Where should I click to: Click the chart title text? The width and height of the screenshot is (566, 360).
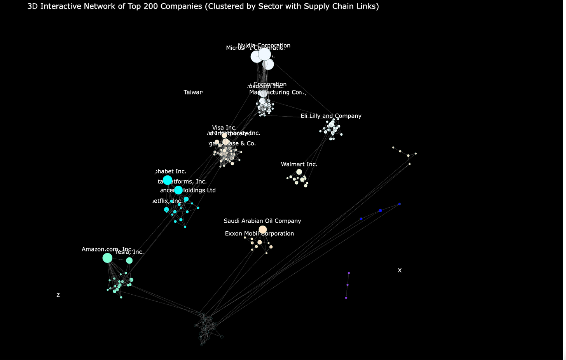pos(203,6)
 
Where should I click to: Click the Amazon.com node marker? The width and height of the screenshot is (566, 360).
pos(107,258)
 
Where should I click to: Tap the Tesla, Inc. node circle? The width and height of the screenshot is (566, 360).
pos(129,260)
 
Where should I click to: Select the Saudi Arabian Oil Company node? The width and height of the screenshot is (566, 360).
pos(263,230)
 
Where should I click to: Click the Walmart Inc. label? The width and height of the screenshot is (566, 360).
pos(299,164)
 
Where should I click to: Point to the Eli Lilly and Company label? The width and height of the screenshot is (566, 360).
pos(331,116)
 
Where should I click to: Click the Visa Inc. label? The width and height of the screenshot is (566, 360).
pos(224,128)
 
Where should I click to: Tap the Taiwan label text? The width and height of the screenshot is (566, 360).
pos(193,93)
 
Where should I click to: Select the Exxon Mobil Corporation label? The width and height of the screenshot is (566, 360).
pos(259,234)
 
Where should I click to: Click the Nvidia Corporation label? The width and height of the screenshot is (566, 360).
pos(264,45)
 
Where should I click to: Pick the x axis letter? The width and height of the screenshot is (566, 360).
pos(400,270)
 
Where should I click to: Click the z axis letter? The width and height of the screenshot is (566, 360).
pos(58,295)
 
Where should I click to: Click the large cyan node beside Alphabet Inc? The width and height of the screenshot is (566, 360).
pos(168,180)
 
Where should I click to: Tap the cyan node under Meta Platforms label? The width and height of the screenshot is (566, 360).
pos(178,190)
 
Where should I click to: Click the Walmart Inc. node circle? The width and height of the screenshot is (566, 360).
pos(299,172)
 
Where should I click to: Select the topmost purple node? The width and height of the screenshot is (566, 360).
pos(349,273)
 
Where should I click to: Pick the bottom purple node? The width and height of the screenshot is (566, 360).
pos(346,298)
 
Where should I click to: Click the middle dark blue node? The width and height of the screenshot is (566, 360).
pos(380,211)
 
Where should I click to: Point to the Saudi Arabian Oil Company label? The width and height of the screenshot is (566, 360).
pos(262,221)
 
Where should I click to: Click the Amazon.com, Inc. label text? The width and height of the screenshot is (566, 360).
pos(107,249)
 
